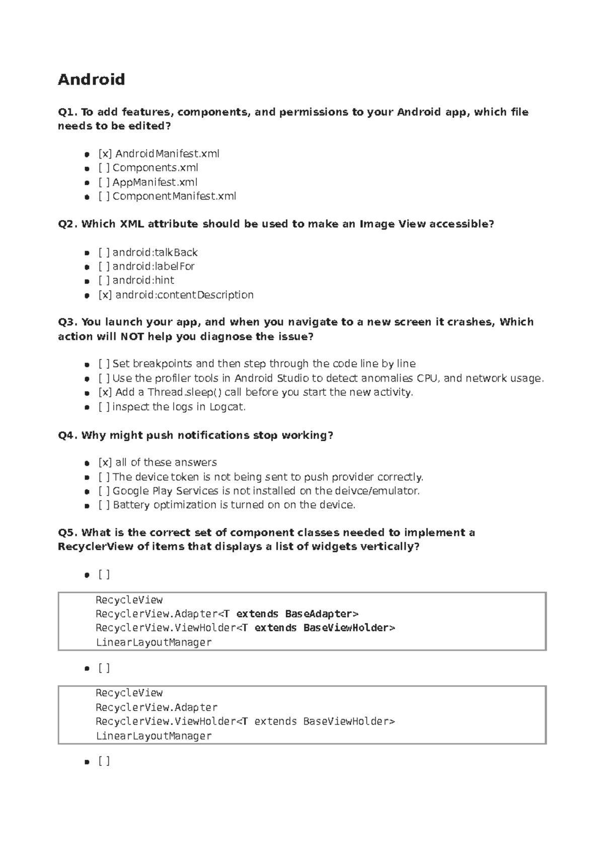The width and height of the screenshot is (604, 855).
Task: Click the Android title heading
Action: click(91, 80)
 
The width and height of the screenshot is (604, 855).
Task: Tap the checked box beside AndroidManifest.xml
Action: click(105, 154)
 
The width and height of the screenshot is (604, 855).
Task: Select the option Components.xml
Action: click(155, 168)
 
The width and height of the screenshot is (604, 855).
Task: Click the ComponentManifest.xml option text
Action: click(174, 196)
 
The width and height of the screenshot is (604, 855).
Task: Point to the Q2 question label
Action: click(68, 224)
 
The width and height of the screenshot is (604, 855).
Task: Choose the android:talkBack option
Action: click(155, 252)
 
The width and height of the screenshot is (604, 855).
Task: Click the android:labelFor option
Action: click(153, 266)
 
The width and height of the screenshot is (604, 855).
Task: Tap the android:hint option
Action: click(143, 280)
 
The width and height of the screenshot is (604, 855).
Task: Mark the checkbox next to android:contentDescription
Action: click(105, 295)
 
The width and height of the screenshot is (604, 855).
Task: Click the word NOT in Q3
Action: click(132, 336)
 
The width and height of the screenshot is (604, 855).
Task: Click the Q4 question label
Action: click(68, 435)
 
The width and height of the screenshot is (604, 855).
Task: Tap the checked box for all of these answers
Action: click(105, 462)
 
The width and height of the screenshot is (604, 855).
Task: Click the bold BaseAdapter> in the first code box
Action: click(322, 614)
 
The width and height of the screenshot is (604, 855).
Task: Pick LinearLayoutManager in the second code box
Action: click(154, 736)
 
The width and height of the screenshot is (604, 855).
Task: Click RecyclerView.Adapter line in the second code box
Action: click(157, 707)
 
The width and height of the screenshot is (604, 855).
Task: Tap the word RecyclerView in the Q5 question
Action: click(96, 546)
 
